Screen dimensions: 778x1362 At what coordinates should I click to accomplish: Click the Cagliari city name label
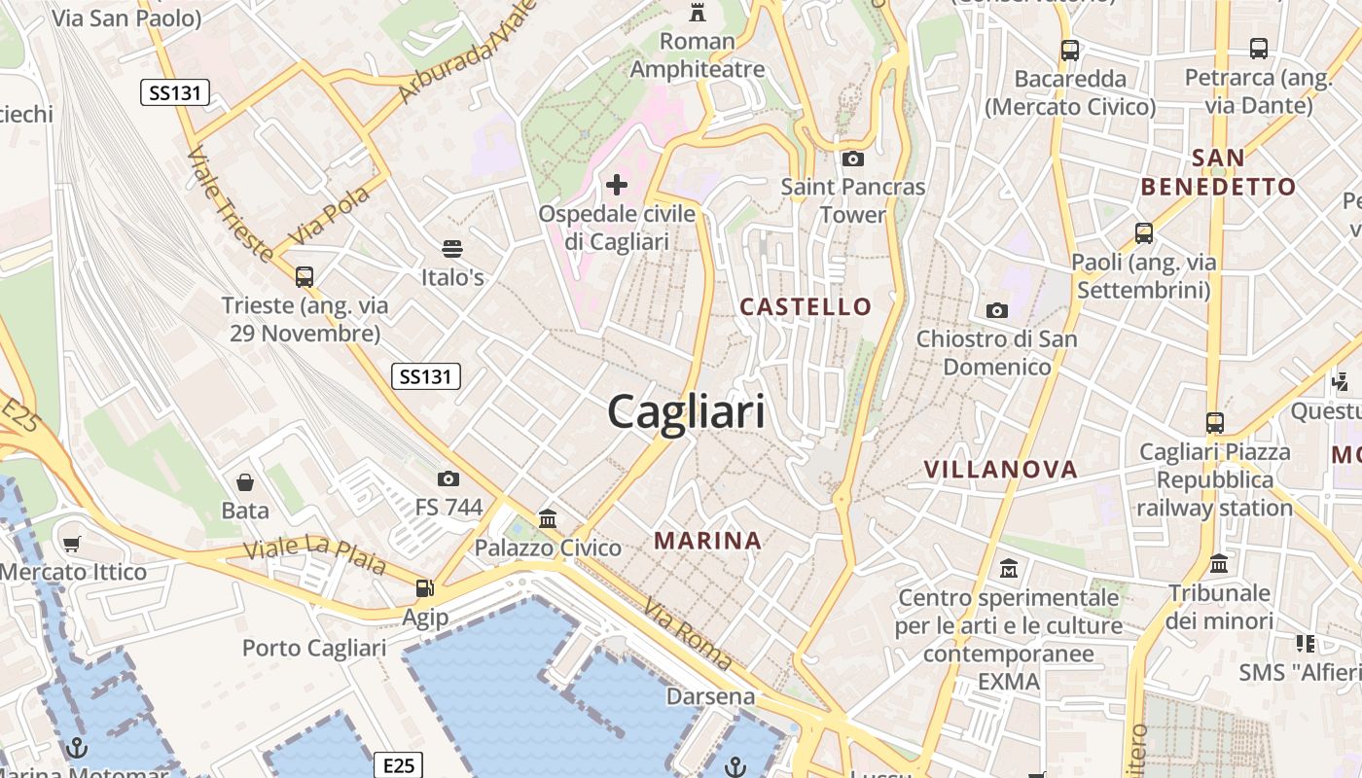tap(686, 413)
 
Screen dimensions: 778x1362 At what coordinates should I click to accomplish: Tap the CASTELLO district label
tap(806, 307)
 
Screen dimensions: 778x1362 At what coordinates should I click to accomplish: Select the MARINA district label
tap(707, 541)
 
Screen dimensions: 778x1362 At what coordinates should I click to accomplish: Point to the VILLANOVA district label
tap(1001, 470)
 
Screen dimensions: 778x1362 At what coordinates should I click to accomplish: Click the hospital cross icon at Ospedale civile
tap(617, 184)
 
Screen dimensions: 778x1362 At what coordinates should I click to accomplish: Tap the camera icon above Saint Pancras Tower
tap(853, 159)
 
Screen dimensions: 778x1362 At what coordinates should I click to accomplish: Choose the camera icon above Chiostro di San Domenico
tap(997, 310)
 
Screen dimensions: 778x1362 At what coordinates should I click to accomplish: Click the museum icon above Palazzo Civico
tap(548, 518)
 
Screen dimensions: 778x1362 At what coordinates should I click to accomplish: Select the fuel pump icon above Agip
tap(425, 587)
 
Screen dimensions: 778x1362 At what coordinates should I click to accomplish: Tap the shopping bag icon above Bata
tap(245, 481)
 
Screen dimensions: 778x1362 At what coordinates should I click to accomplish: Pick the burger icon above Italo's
tap(451, 249)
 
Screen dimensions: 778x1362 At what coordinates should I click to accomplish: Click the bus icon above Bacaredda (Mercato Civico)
tap(1070, 50)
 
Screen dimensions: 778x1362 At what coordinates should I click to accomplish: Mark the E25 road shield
tap(399, 765)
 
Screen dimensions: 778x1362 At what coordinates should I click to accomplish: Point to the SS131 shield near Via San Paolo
tap(175, 93)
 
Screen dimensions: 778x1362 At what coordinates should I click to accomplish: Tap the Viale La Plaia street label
tap(314, 555)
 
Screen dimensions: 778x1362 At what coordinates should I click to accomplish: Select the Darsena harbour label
tap(710, 696)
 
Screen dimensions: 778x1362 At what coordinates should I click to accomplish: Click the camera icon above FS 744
tap(448, 478)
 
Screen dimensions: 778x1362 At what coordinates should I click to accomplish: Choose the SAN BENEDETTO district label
tap(1218, 172)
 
